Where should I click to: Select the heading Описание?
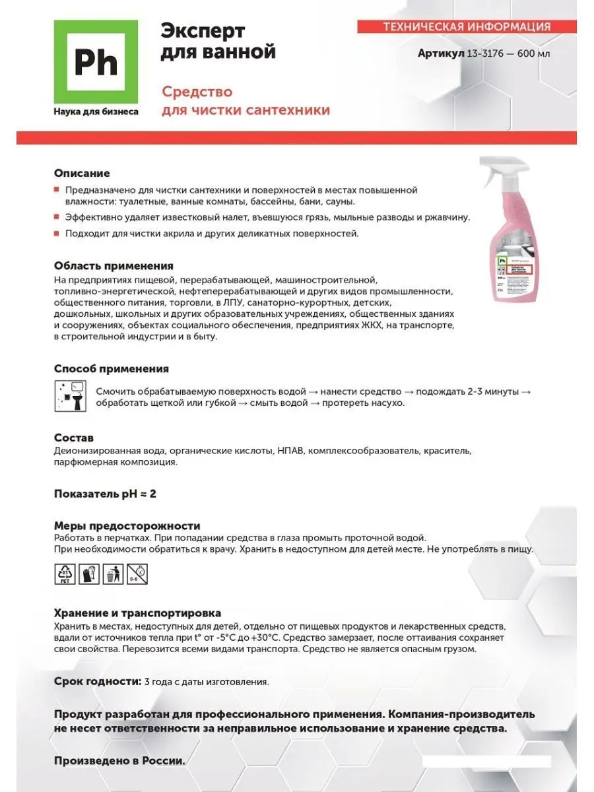click(x=82, y=174)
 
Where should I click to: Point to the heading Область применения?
click(x=114, y=266)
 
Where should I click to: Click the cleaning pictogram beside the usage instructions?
click(x=69, y=396)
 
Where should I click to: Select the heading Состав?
click(x=74, y=438)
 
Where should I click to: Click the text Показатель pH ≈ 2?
click(x=105, y=494)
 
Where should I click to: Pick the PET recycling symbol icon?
click(x=65, y=574)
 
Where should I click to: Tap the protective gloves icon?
click(x=89, y=574)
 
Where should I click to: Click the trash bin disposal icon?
click(x=113, y=574)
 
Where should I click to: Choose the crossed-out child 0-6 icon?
click(x=137, y=574)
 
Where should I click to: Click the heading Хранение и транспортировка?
click(x=137, y=614)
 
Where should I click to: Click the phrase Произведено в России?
click(x=119, y=761)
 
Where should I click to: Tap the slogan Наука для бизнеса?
click(x=96, y=112)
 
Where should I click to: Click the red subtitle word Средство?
click(x=197, y=92)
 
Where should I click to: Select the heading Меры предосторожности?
click(x=127, y=526)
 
